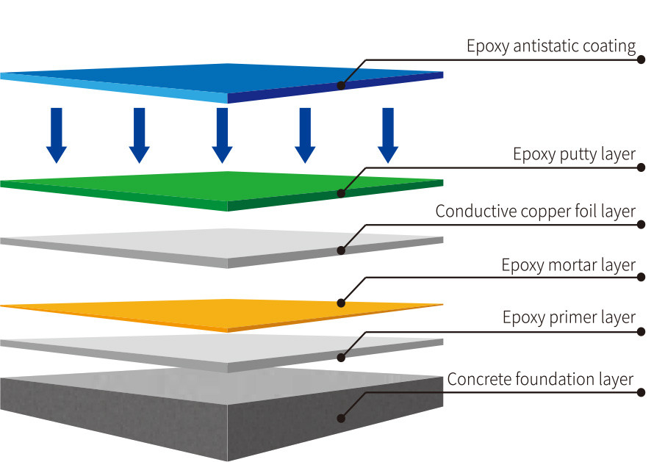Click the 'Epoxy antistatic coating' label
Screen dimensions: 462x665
coord(551,46)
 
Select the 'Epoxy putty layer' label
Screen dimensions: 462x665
coord(574,155)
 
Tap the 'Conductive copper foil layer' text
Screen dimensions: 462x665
coord(535,212)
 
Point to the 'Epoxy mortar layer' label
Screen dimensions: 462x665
coord(568,265)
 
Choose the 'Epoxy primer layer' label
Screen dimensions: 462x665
coord(569,318)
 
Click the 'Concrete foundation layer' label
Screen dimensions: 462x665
coord(540,380)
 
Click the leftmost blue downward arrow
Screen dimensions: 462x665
coord(57,135)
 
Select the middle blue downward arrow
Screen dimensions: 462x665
coord(223,135)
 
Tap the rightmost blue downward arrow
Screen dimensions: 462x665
coord(388,135)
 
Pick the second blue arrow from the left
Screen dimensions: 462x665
coord(140,135)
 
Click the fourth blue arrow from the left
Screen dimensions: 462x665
coord(305,135)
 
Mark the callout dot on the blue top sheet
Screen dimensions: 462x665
coord(341,85)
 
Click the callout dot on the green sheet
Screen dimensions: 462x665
coord(341,194)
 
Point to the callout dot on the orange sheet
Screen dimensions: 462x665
coord(341,303)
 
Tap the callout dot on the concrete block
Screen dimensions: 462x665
coord(341,418)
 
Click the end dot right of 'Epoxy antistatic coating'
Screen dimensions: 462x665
coord(641,59)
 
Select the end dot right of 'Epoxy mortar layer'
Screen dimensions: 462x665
coord(641,278)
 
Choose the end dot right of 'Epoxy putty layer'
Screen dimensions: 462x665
coord(641,167)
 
